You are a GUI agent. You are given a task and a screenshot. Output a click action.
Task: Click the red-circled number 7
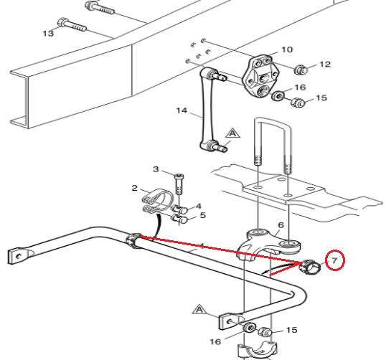click(334, 260)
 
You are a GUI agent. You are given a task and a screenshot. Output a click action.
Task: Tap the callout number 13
click(48, 33)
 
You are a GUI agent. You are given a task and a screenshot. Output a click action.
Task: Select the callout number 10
click(287, 49)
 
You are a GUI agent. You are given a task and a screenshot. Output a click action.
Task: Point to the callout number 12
click(325, 65)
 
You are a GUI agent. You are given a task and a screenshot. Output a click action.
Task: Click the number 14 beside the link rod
click(182, 110)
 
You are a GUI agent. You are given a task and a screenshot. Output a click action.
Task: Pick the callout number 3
click(156, 169)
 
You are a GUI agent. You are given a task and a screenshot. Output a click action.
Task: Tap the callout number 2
click(134, 188)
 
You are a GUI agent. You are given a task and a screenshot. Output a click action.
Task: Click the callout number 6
click(281, 225)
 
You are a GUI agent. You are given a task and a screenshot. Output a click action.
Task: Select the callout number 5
click(202, 215)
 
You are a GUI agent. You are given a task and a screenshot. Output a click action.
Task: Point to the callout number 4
click(199, 206)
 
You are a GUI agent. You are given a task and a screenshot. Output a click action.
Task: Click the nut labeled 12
click(301, 70)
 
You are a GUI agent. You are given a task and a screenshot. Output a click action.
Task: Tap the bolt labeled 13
click(72, 25)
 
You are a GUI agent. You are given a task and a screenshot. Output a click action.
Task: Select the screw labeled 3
click(179, 184)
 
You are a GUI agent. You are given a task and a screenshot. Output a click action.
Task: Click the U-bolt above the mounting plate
click(273, 120)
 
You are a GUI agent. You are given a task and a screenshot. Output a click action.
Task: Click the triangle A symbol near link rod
click(232, 134)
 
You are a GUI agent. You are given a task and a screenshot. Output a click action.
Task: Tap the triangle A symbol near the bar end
click(199, 310)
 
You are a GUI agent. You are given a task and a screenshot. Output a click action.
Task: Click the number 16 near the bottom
click(215, 341)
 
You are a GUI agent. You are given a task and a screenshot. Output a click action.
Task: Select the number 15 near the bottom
click(292, 330)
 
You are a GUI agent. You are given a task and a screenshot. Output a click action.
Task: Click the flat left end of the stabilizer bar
click(19, 256)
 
